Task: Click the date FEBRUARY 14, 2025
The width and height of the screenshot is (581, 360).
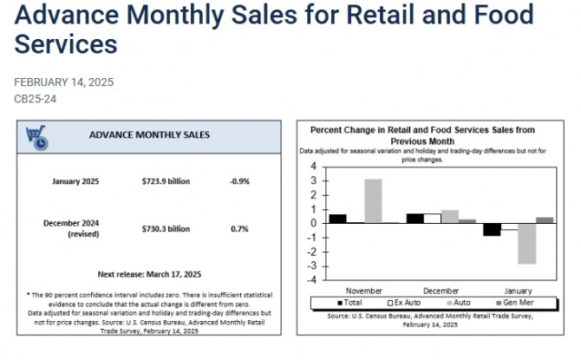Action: pos(63,82)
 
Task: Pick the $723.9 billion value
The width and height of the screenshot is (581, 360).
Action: pos(166,181)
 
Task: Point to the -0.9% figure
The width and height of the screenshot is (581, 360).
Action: pos(239,181)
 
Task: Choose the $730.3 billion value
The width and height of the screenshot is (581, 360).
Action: pos(166,229)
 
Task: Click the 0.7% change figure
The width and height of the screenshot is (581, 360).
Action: pos(239,229)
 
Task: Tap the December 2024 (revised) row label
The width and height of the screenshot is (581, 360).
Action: pos(73,228)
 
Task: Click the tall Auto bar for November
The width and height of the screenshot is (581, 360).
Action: pos(372,200)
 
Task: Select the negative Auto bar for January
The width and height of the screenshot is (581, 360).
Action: pos(526,243)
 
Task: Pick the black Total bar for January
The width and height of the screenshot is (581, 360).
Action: pos(492,229)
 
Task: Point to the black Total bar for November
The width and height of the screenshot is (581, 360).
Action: pos(337,219)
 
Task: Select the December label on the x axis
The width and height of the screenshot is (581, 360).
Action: pos(441,290)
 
